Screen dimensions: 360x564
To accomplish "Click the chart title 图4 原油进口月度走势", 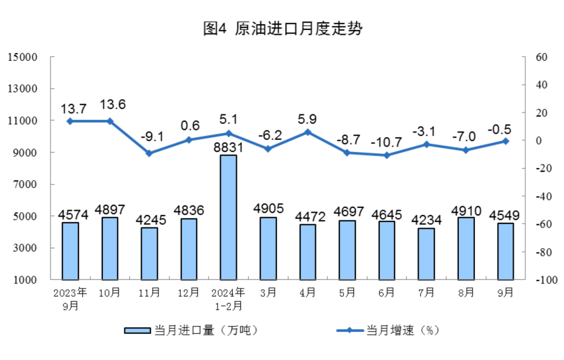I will point(282,29).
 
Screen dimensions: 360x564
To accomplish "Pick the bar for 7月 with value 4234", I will point(426,254).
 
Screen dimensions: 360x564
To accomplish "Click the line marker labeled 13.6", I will point(110,121).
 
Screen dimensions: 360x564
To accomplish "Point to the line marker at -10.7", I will point(387,155).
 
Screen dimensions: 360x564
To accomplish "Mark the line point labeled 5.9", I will point(308,132).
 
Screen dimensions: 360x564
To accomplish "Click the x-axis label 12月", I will point(189,292).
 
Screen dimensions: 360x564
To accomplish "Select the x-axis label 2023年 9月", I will point(70,298).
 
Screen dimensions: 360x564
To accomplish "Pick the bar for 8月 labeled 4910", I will point(466,248).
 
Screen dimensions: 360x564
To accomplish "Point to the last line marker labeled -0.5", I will point(506,141).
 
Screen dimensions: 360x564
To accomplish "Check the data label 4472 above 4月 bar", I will point(308,216).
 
